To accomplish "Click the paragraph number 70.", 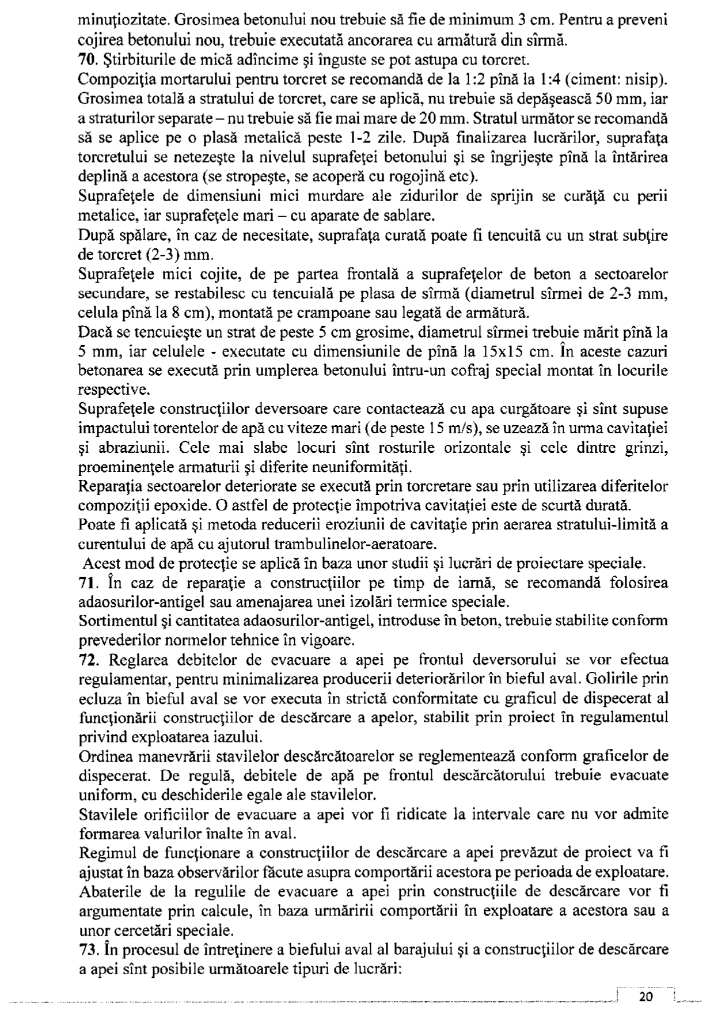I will coord(87,60).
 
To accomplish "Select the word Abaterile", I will coord(111,891).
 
